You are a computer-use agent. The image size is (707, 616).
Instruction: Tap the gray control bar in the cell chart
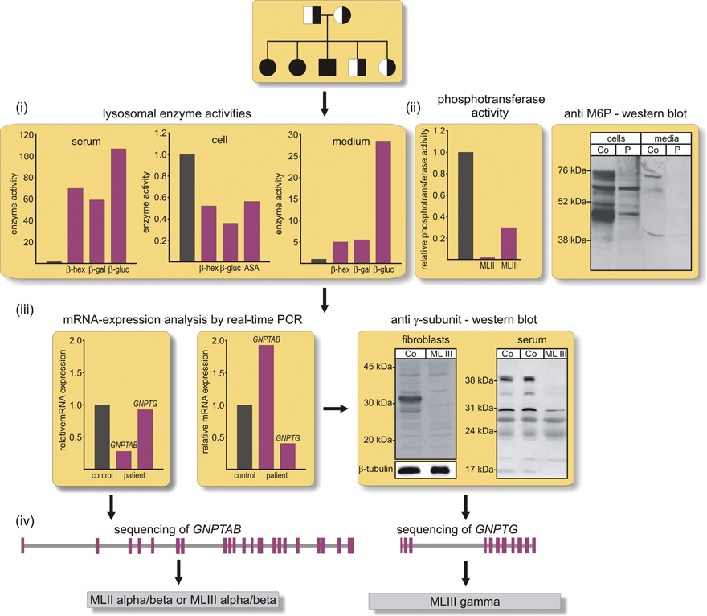[186, 208]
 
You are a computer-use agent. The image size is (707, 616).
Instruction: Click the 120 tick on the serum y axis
[30, 136]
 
